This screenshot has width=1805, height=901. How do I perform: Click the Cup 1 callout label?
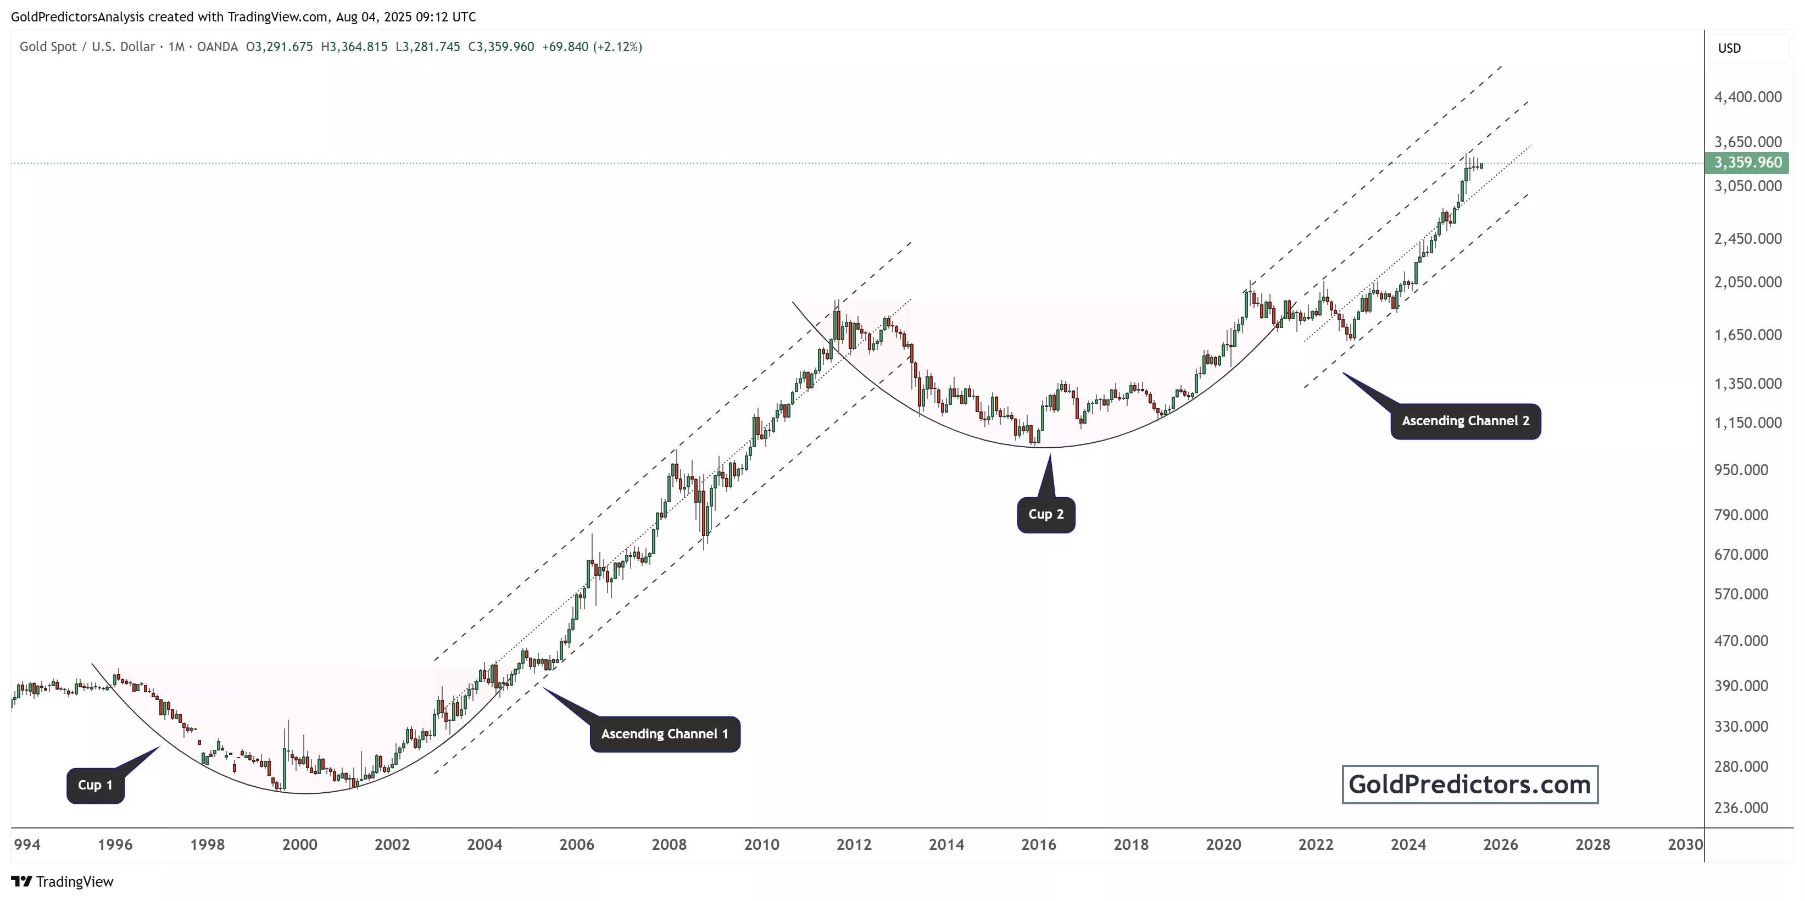click(x=95, y=785)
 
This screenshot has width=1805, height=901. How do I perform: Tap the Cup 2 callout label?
click(x=1045, y=514)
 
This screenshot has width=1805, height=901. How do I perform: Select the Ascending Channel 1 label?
click(x=664, y=733)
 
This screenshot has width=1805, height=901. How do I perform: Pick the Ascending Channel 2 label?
click(x=1465, y=421)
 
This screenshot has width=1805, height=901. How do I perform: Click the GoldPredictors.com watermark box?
click(x=1469, y=784)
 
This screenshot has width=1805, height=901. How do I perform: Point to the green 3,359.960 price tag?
click(x=1747, y=163)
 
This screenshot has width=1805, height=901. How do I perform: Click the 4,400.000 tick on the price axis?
click(x=1747, y=97)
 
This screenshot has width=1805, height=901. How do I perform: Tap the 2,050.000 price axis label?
click(x=1747, y=282)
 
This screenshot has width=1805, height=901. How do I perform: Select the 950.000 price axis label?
click(x=1741, y=469)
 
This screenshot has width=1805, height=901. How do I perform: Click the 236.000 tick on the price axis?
click(x=1741, y=807)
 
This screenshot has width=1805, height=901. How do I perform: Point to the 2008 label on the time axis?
click(x=669, y=844)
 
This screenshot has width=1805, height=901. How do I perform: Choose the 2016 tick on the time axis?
click(x=1038, y=844)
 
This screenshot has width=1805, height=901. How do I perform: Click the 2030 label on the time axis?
click(x=1685, y=844)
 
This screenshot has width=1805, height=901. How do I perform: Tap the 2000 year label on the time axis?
click(x=300, y=844)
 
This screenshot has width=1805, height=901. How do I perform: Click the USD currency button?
click(x=1729, y=48)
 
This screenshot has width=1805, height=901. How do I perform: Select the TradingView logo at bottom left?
click(x=63, y=881)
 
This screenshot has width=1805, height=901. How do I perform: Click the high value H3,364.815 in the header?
click(x=354, y=47)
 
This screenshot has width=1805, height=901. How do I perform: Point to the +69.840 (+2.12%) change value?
click(x=592, y=47)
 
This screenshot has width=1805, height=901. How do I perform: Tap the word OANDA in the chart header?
click(x=217, y=47)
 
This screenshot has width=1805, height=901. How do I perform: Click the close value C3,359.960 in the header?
click(x=501, y=47)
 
